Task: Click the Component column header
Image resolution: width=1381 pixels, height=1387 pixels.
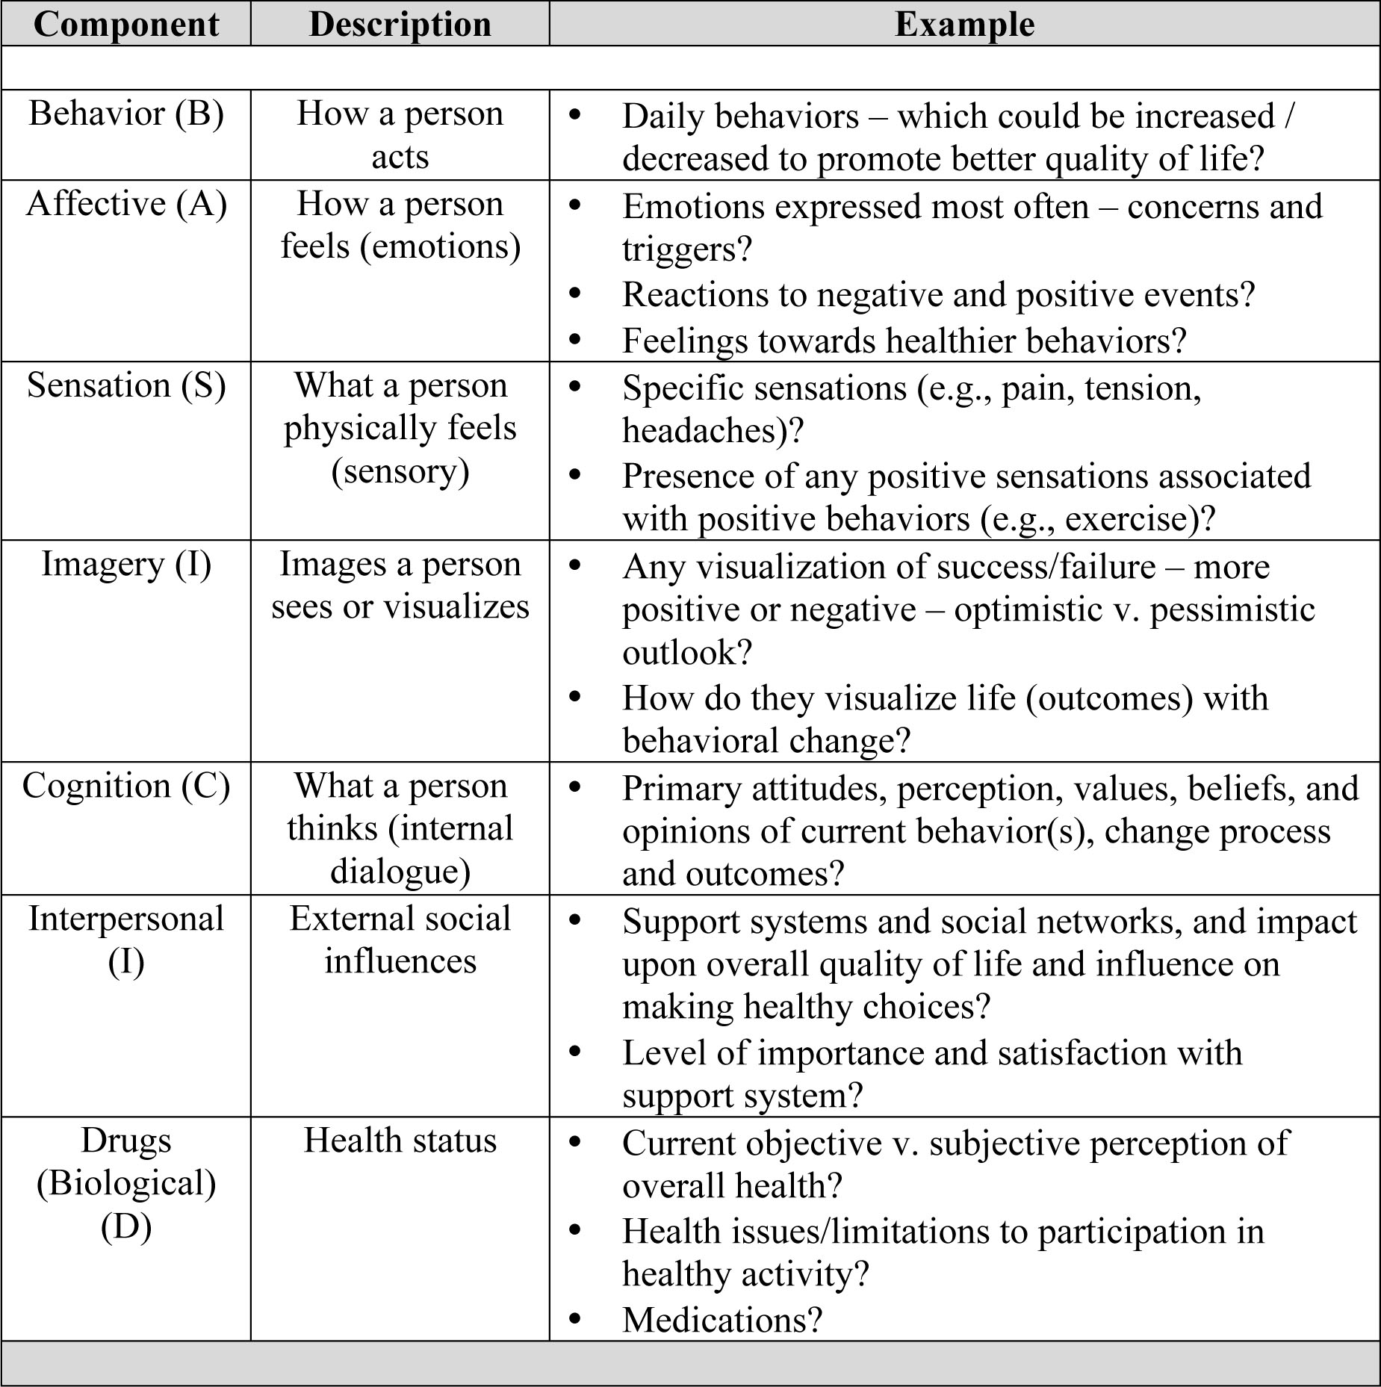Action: tap(126, 24)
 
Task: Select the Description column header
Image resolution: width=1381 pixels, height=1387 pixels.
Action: tap(400, 24)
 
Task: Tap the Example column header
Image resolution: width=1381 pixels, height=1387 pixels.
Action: tap(964, 24)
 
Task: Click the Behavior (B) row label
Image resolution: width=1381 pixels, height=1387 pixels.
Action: tap(126, 114)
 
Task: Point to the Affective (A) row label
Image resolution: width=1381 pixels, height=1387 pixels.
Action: tap(126, 204)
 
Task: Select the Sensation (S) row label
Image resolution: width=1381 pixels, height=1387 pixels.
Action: tap(126, 385)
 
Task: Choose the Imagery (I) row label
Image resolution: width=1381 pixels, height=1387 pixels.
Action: tap(126, 564)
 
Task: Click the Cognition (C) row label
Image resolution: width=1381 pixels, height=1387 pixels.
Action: tap(126, 786)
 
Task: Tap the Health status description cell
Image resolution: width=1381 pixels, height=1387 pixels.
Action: tap(400, 1141)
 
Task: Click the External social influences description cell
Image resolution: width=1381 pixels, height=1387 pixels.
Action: tap(400, 940)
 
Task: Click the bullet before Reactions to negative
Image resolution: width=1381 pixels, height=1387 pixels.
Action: tap(574, 294)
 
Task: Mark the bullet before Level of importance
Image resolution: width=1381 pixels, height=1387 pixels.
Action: tap(574, 1052)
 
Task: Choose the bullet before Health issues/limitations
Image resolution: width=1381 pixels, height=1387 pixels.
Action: tap(574, 1230)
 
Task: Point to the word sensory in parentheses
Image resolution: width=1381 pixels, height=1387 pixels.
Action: tap(400, 471)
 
